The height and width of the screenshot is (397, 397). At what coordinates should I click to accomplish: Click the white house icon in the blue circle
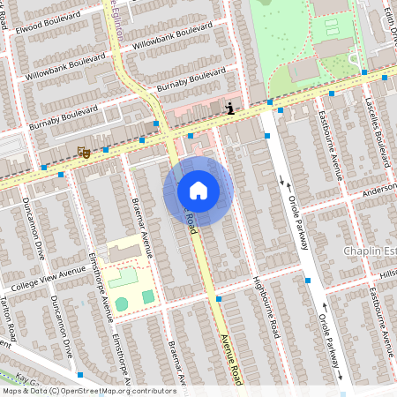pos(198,190)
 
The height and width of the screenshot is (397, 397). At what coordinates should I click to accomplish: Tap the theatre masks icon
pos(84,153)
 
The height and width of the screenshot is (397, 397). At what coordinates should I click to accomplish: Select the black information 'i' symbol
pos(230,109)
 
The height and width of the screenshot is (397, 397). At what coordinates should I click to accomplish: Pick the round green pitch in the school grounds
pos(122,303)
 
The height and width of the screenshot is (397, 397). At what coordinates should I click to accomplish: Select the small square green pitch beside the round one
pos(147,297)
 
